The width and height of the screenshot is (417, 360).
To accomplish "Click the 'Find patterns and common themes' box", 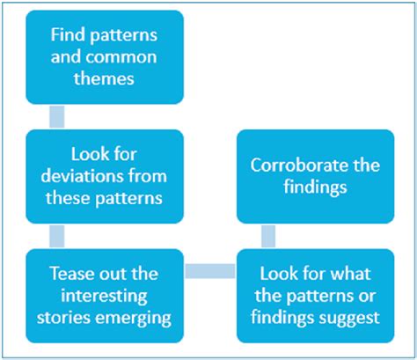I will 104,57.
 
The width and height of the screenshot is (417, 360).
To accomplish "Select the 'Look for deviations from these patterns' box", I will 104,176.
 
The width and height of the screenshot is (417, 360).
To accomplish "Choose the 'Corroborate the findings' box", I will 315,176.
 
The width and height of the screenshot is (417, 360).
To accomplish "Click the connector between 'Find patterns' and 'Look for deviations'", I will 58,117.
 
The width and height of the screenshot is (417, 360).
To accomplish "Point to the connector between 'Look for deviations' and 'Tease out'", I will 58,236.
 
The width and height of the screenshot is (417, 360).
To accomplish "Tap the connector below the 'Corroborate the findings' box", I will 269,236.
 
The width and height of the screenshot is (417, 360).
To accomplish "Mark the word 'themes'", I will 104,78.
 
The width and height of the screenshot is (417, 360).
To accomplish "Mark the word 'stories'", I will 69,315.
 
